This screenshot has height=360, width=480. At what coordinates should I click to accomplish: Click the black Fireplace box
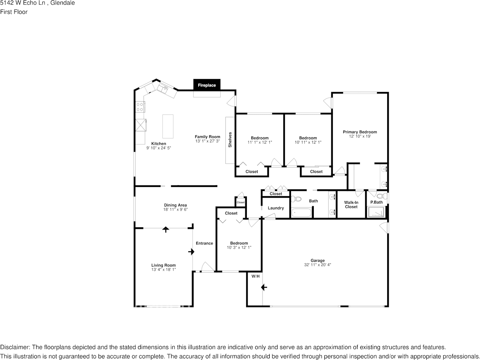207,85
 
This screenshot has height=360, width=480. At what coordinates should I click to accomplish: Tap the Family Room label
207,137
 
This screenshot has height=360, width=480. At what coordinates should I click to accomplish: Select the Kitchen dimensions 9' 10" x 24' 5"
159,148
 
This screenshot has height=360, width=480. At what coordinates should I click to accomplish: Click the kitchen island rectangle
168,126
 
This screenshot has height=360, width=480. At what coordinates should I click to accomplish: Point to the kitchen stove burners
140,107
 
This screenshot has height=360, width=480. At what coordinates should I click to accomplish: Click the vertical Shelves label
230,140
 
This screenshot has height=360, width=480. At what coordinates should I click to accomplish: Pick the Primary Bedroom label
360,132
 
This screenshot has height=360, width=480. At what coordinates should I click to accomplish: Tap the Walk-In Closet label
351,205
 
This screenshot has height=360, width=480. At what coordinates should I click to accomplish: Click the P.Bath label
376,202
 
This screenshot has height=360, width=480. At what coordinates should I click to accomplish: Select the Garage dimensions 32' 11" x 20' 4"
318,265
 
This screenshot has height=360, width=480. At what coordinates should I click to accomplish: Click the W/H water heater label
255,276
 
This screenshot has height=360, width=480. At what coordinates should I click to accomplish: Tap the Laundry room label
276,208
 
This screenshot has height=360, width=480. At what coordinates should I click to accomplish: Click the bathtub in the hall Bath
302,212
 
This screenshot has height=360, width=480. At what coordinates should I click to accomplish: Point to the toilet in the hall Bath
296,199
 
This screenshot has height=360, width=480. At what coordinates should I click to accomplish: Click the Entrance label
204,243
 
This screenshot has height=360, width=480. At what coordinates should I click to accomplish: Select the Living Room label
164,265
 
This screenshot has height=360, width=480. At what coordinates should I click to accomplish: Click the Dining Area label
175,205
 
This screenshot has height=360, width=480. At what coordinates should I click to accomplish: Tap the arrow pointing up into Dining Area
165,229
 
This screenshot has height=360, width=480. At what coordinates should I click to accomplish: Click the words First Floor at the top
14,12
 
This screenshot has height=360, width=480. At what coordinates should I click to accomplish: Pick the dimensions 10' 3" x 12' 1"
239,247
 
